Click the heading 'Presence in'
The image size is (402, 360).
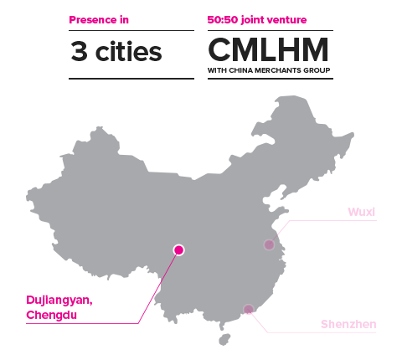(99, 20)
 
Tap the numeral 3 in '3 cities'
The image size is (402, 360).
(79, 51)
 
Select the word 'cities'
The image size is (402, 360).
(128, 51)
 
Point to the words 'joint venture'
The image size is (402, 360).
(274, 20)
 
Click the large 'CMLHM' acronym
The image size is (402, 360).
(268, 49)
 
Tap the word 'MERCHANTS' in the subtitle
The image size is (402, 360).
(278, 70)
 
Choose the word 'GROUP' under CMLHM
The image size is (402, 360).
(317, 70)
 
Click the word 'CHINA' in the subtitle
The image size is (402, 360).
(240, 70)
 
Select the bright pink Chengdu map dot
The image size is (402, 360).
(178, 249)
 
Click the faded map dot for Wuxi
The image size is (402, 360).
(269, 244)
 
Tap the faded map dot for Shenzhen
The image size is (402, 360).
(248, 309)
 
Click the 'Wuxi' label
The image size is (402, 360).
(362, 212)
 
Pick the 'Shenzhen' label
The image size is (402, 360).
(348, 324)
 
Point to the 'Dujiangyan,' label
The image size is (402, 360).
(59, 301)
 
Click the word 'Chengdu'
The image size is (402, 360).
(52, 315)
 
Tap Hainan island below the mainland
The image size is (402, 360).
(224, 339)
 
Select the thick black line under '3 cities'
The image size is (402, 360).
(131, 79)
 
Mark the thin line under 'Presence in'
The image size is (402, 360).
(131, 30)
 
